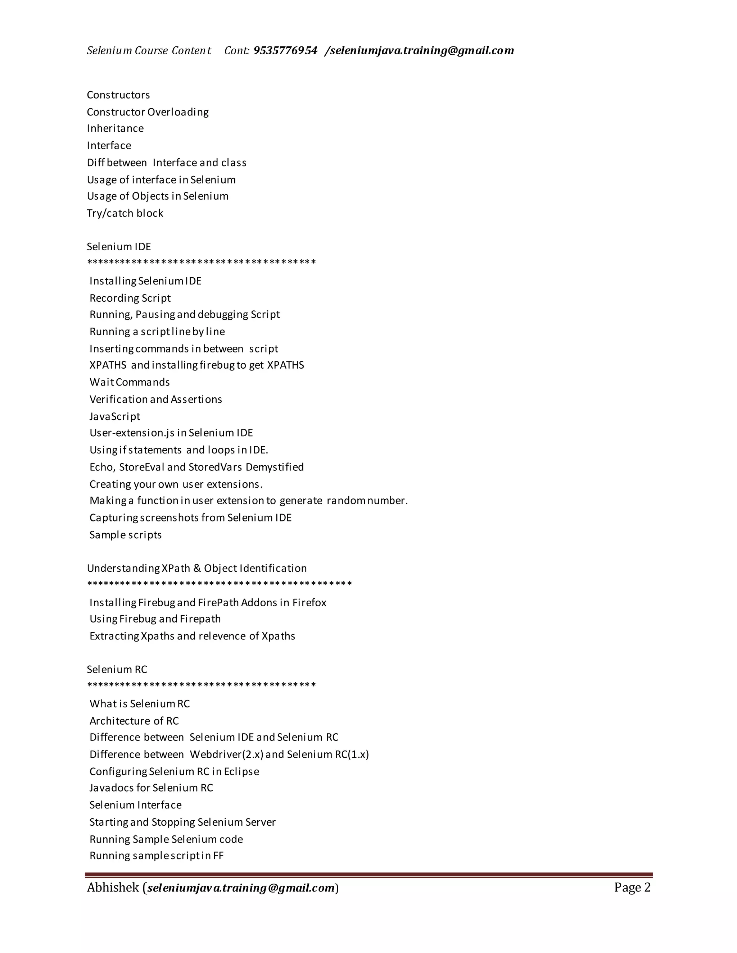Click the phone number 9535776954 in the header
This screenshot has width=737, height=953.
point(285,51)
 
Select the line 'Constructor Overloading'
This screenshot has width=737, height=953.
point(148,112)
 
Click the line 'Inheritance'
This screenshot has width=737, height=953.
point(115,128)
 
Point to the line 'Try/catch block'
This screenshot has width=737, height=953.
point(125,213)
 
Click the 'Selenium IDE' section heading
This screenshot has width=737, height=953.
point(119,247)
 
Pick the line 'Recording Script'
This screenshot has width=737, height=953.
point(130,298)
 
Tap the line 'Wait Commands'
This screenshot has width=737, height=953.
point(130,382)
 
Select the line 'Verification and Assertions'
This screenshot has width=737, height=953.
point(156,399)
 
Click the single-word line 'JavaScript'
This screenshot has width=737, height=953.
point(115,416)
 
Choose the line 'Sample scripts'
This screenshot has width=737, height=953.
point(126,535)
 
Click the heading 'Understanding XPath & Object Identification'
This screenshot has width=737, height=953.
point(197,568)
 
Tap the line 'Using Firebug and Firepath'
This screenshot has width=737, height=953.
point(155,619)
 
